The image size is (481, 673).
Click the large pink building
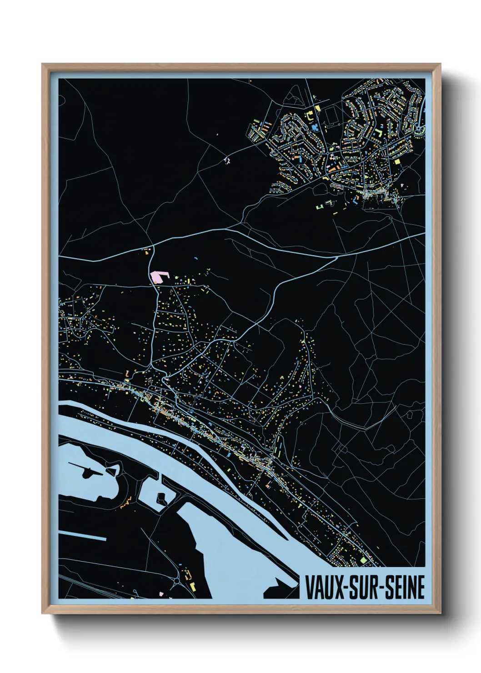pyautogui.click(x=159, y=276)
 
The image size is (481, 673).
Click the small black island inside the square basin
pyautogui.click(x=161, y=499)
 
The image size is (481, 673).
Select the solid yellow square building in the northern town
pyautogui.click(x=397, y=161)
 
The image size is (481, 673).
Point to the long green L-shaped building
pyautogui.click(x=378, y=132)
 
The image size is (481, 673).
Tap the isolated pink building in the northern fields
pyautogui.click(x=226, y=160)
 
